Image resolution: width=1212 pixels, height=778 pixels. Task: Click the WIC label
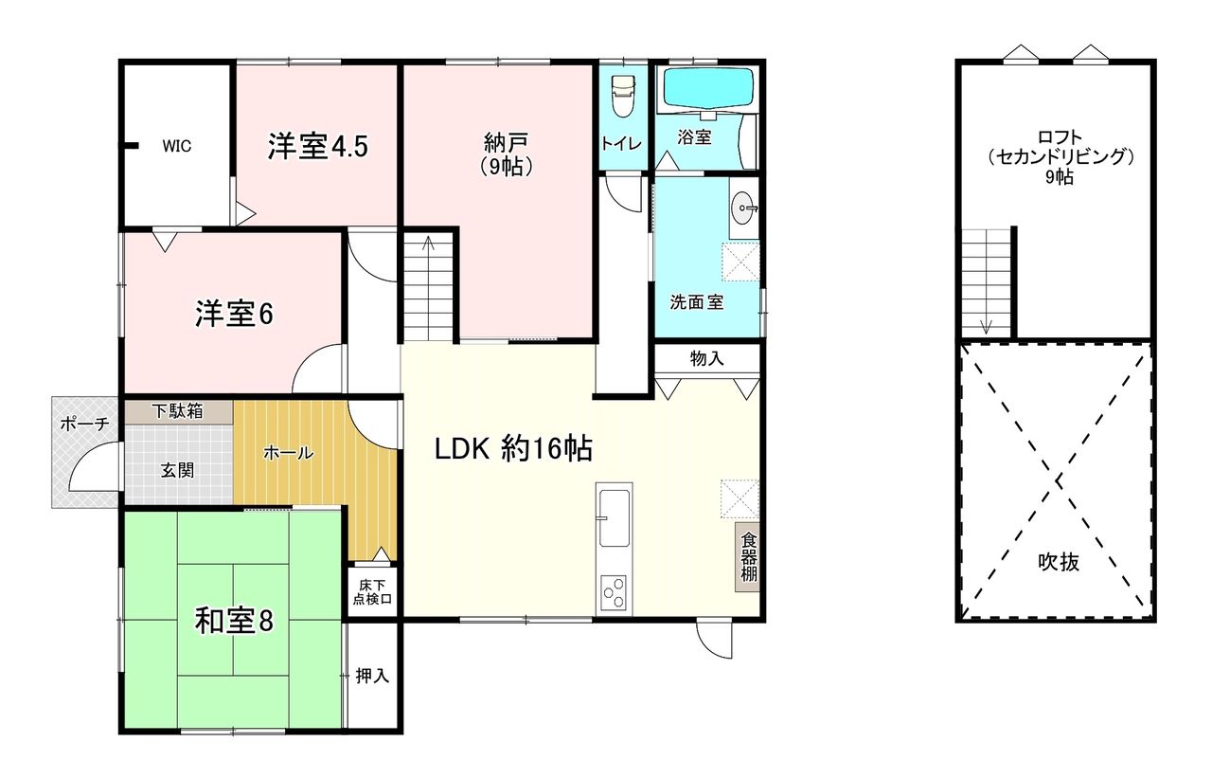coord(176,146)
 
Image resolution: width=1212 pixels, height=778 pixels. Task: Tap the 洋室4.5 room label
coord(317,146)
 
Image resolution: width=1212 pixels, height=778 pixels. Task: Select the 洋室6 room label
coord(234,314)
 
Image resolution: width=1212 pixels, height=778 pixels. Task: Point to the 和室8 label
coord(234,621)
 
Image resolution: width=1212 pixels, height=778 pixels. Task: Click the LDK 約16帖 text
coord(513,449)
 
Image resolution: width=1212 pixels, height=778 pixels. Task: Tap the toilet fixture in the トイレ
coord(622,96)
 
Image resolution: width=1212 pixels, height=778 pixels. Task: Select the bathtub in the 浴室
coord(708,88)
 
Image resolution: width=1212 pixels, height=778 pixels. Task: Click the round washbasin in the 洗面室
coord(744,208)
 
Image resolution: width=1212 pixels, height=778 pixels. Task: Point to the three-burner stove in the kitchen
coord(615,594)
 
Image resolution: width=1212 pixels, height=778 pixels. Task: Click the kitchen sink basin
coord(615,518)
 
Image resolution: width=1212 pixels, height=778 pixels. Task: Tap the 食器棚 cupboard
coord(748,557)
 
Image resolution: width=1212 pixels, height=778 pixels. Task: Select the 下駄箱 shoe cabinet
coord(179,412)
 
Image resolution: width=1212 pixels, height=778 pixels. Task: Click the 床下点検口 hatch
coord(372,591)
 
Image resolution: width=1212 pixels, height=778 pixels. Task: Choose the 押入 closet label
coord(372,676)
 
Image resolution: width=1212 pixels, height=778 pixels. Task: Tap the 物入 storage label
coord(706,358)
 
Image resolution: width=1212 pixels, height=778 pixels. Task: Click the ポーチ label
coord(85,423)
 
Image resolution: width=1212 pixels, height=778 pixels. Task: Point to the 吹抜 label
coord(1059,562)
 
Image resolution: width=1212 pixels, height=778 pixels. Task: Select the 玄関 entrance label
coord(177,470)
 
